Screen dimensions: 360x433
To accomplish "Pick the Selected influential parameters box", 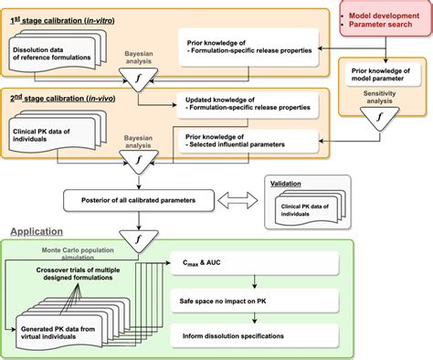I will (x=249, y=140).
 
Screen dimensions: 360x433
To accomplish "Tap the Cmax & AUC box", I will (x=249, y=265).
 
